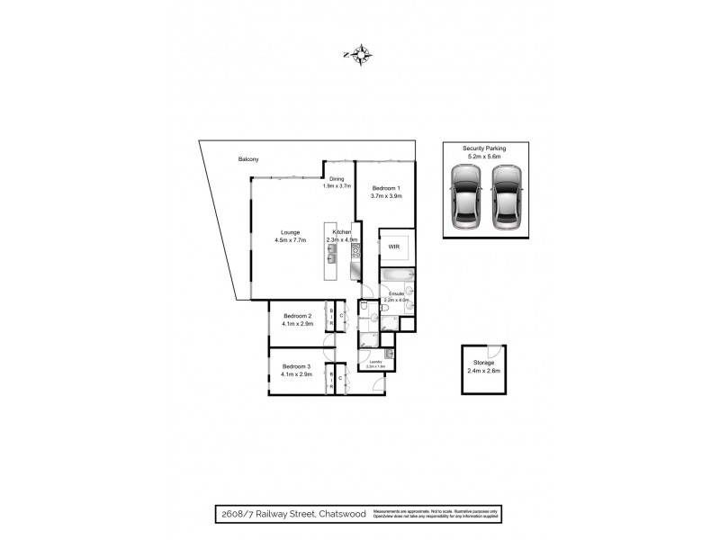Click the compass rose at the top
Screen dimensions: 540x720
pyautogui.click(x=360, y=56)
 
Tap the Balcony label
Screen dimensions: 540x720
pyautogui.click(x=249, y=159)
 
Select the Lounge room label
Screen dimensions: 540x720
pyautogui.click(x=290, y=232)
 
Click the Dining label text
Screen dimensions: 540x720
pyautogui.click(x=337, y=179)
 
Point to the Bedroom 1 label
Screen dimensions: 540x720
pyautogui.click(x=386, y=187)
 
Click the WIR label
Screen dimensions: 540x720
pyautogui.click(x=393, y=245)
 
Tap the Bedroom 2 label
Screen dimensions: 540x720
pyautogui.click(x=297, y=316)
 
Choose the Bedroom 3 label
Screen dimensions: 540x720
pyautogui.click(x=296, y=366)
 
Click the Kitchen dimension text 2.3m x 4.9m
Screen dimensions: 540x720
pyautogui.click(x=342, y=240)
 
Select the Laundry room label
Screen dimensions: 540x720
pyautogui.click(x=375, y=362)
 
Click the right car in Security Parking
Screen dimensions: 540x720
pyautogui.click(x=508, y=202)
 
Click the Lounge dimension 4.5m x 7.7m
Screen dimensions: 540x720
pyautogui.click(x=291, y=240)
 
